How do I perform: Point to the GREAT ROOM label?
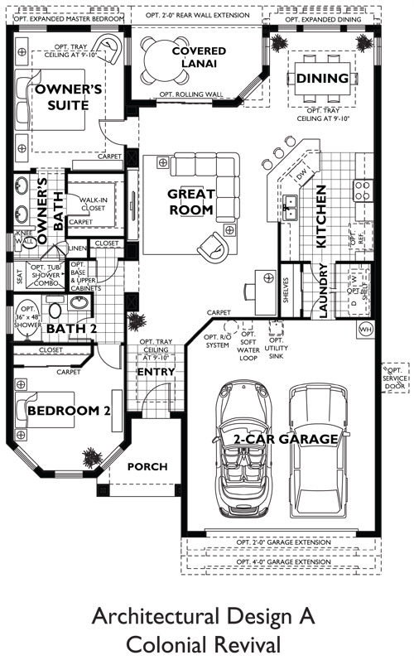tap(191, 202)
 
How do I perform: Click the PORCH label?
tap(146, 467)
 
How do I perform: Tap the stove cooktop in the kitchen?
tap(362, 191)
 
